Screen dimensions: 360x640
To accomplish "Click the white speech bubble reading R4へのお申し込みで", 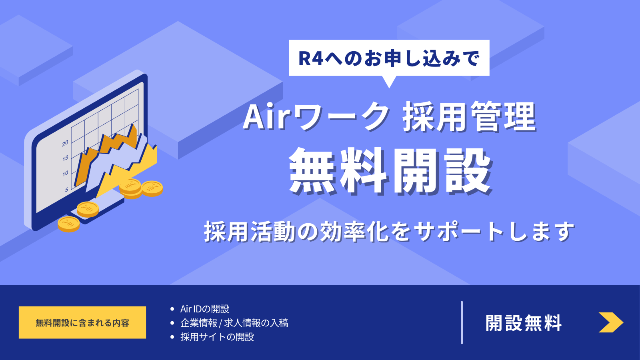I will pos(389,58).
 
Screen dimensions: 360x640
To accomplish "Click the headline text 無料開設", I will pos(390,171).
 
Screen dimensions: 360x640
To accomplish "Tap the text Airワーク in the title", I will pos(316,116).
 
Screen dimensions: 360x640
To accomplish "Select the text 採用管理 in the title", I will pos(469,116).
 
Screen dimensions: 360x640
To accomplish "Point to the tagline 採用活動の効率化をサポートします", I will pos(389,232).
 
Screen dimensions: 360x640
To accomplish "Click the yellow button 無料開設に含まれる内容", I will pos(82,322).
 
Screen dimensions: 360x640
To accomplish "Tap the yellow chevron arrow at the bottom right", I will pos(610,322).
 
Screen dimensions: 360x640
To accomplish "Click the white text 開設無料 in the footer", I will pos(524,323).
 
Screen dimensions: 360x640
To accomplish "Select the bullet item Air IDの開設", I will pos(204,309).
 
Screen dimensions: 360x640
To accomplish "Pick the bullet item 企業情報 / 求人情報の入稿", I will pos(234,323).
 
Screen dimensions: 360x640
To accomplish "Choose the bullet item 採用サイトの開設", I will pos(217,337).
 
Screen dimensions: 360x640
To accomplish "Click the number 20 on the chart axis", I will pos(65,143).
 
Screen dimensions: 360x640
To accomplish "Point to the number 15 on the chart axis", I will pos(65,158).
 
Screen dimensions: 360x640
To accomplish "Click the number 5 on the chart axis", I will pos(67,190).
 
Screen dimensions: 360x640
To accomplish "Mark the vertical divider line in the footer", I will pos(462,322).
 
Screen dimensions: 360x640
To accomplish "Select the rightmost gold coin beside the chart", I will pos(152,188).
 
